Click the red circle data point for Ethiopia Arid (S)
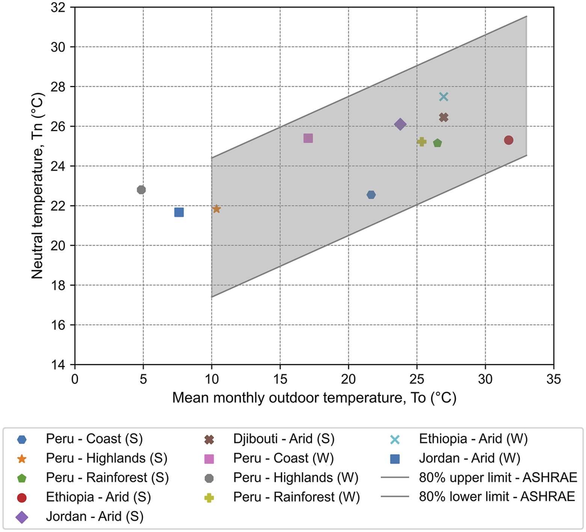pos(508,140)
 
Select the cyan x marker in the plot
pos(444,97)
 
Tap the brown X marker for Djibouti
pos(444,117)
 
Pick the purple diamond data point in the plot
pos(400,124)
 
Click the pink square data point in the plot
pos(308,138)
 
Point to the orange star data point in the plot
pos(216,209)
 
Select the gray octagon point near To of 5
pos(141,190)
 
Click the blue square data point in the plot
pos(179,212)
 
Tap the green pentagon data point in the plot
pos(438,143)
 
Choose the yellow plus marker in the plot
pos(421,141)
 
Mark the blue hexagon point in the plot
pos(371,195)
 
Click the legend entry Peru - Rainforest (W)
pos(296,497)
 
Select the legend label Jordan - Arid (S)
pos(95,517)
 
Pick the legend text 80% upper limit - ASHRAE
pos(498,477)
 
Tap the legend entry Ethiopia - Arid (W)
pos(473,439)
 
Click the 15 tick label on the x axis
pos(280,379)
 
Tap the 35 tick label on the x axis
pos(553,379)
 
